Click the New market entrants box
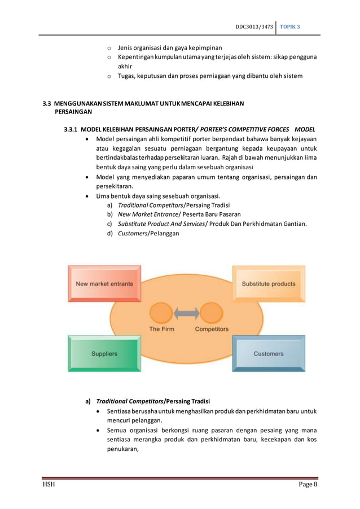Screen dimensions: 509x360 point(104,283)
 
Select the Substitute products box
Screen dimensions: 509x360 point(269,283)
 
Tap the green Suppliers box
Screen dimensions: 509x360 point(104,354)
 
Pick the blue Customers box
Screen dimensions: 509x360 point(269,354)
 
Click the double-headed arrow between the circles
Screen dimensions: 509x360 point(186,313)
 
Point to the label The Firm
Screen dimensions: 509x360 point(161,329)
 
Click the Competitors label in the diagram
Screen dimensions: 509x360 point(212,329)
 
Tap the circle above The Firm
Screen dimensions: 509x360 point(161,313)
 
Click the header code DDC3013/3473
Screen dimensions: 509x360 point(253,27)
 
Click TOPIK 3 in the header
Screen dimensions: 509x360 point(291,27)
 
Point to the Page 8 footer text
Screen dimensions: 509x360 point(308,485)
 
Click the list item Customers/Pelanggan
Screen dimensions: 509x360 point(148,233)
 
